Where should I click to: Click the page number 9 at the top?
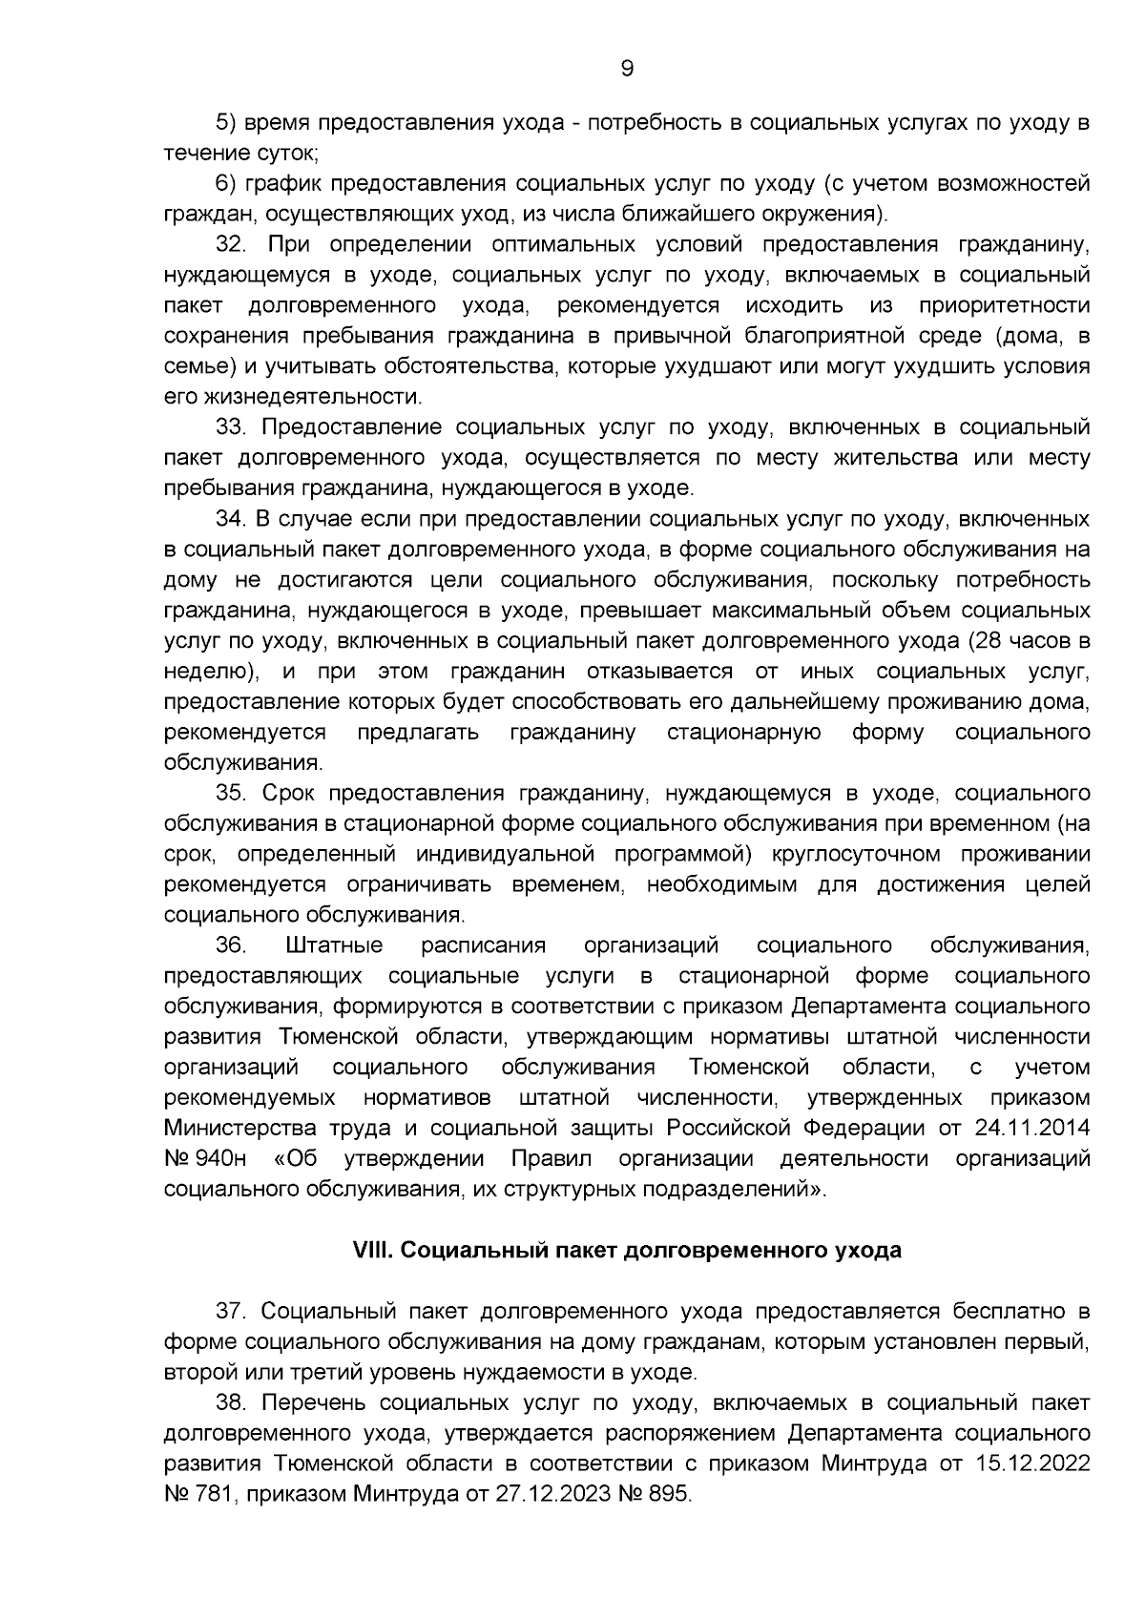tap(627, 68)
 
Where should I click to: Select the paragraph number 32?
tap(232, 244)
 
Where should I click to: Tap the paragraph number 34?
tap(232, 519)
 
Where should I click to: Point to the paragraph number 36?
tap(232, 945)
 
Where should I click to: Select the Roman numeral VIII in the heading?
tap(372, 1251)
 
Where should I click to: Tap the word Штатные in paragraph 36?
tap(334, 945)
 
